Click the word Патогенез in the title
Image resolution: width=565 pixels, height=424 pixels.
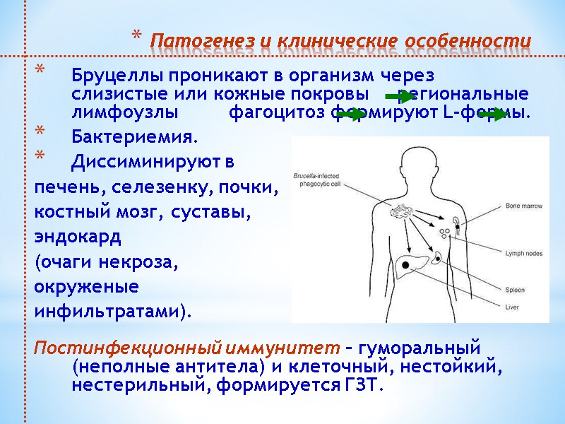click(188, 38)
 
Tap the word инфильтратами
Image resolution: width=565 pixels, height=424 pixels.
click(112, 311)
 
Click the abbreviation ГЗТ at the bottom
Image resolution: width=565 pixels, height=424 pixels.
click(363, 385)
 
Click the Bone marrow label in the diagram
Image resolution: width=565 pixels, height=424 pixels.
click(523, 206)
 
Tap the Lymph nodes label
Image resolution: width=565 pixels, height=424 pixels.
click(523, 252)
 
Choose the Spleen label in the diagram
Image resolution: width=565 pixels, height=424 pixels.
click(515, 290)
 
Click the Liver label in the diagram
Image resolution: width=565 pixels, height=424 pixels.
click(512, 307)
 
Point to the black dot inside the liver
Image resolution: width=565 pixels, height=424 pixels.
click(407, 264)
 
